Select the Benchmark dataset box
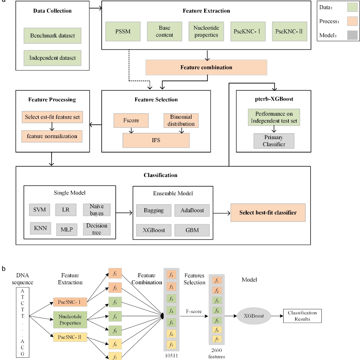[52, 36]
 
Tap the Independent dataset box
[52, 58]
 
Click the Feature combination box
[206, 68]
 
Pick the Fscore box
[130, 120]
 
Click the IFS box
[156, 140]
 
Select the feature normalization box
[52, 136]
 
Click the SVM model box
[39, 210]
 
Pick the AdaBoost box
[192, 210]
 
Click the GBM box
[192, 230]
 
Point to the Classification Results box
[302, 316]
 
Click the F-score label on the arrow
[193, 311]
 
